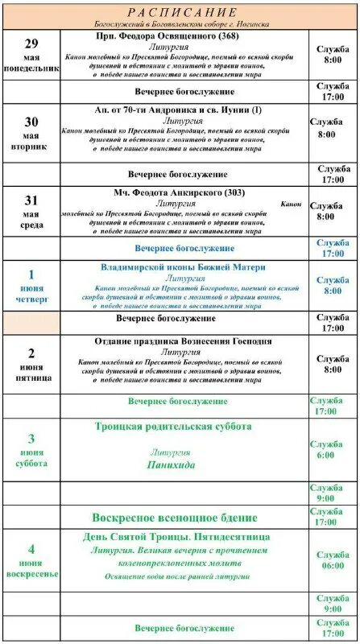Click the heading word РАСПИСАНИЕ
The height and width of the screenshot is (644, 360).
click(181, 12)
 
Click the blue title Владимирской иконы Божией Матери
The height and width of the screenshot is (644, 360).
click(184, 266)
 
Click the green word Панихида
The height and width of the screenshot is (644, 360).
click(172, 465)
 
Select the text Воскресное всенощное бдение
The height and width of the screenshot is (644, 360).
click(175, 518)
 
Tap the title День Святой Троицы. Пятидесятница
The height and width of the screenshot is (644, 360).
click(176, 537)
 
